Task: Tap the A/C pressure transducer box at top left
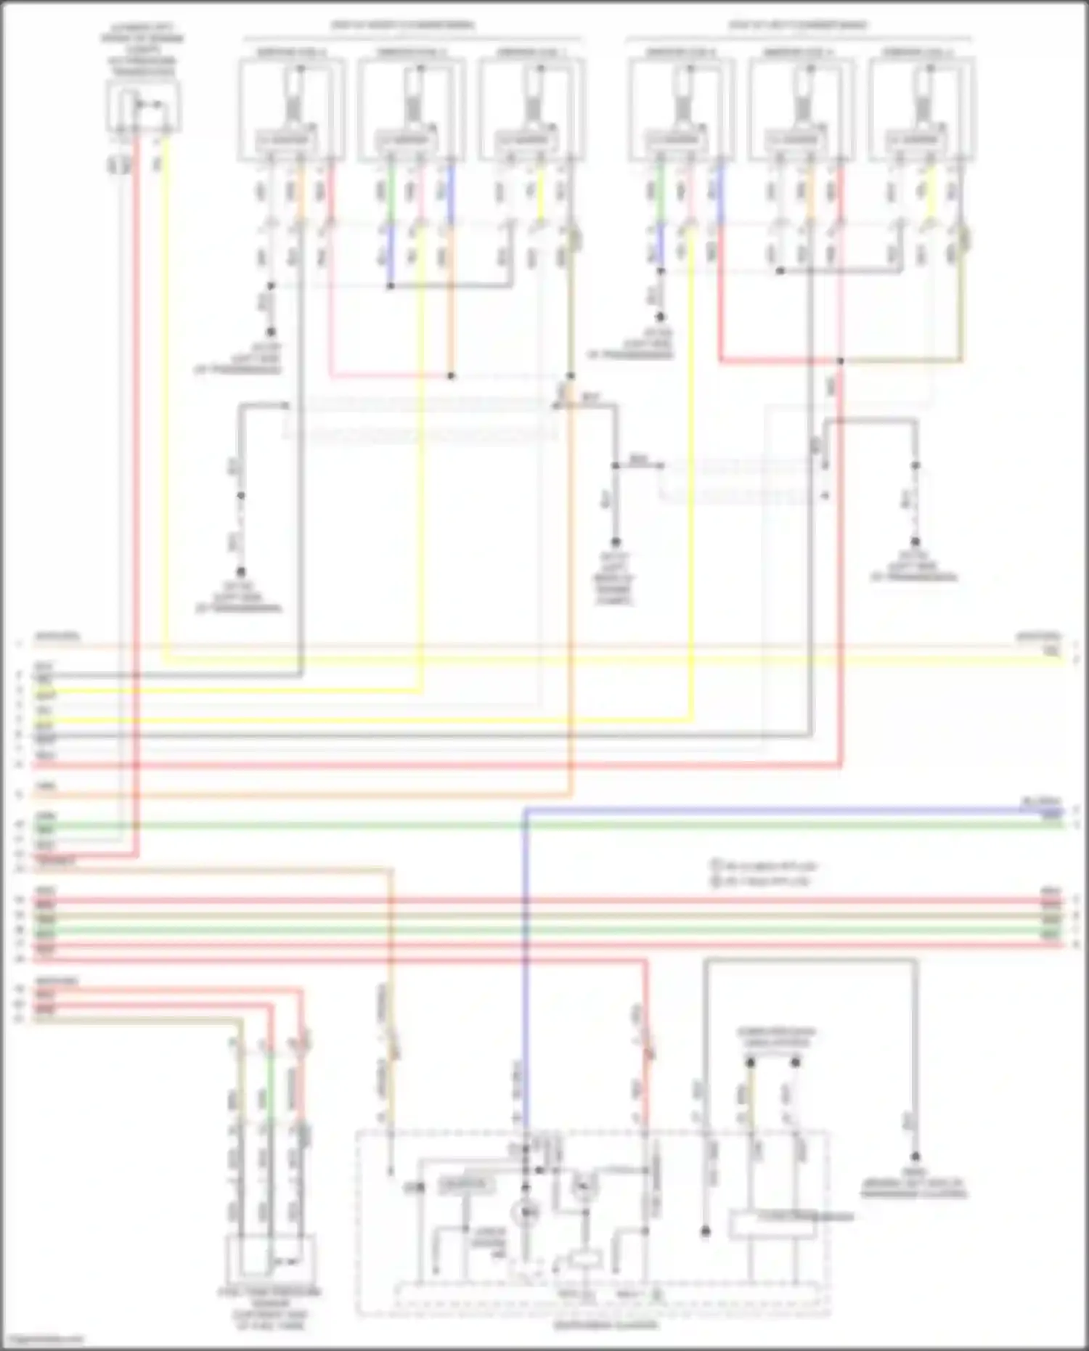coord(143,106)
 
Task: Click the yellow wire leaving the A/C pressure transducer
coord(166,363)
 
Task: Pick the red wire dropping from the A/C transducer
coord(135,436)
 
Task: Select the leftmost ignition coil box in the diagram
coord(291,109)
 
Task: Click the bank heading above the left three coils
coord(404,26)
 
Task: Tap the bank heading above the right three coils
coord(799,26)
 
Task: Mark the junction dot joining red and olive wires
coord(841,361)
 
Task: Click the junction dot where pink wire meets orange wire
coord(451,376)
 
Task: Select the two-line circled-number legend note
coord(762,873)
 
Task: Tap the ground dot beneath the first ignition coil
coord(270,332)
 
